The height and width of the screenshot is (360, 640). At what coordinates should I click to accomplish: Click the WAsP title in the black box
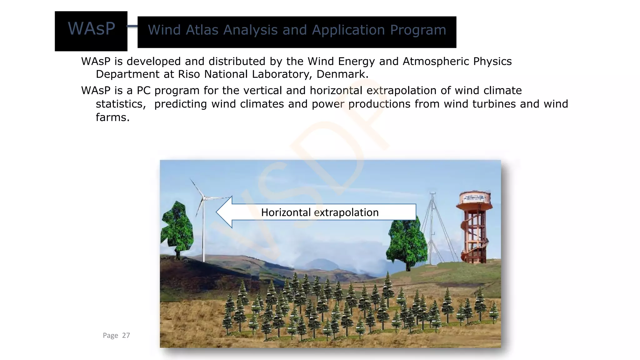pyautogui.click(x=91, y=29)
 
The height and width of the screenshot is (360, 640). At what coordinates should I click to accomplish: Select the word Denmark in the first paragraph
pyautogui.click(x=342, y=74)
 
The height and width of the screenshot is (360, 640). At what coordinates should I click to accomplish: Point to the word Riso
pyautogui.click(x=189, y=74)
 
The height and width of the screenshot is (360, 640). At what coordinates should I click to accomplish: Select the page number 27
pyautogui.click(x=126, y=335)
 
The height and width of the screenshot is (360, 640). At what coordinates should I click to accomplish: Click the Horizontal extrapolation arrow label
pyautogui.click(x=320, y=212)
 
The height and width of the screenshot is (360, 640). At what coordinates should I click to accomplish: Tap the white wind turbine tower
pyautogui.click(x=203, y=234)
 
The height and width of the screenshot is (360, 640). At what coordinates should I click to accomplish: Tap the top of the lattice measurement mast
pyautogui.click(x=432, y=194)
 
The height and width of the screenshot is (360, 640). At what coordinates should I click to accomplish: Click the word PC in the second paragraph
pyautogui.click(x=143, y=91)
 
